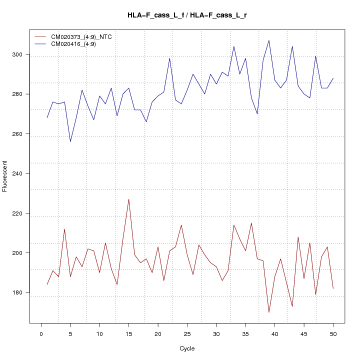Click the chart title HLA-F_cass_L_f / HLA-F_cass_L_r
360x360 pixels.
tap(187, 15)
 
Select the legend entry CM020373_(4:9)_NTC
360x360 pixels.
tap(85, 37)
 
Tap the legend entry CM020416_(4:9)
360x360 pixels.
tap(77, 44)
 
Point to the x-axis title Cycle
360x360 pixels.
tap(187, 348)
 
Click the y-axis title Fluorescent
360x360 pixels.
tap(5, 176)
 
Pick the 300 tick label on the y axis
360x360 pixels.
tap(22, 54)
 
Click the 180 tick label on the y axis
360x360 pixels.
tap(22, 292)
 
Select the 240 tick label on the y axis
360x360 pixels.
tap(22, 173)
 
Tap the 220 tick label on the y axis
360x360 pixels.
tap(22, 213)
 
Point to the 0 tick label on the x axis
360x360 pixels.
tap(41, 333)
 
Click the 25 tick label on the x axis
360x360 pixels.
tap(187, 333)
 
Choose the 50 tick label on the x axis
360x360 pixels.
tap(333, 333)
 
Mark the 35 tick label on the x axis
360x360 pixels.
tap(245, 333)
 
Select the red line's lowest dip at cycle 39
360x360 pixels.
tap(269, 312)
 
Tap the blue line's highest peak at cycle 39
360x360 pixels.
tap(269, 40)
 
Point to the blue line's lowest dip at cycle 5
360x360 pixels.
tap(70, 141)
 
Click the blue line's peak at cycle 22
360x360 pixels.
tap(169, 58)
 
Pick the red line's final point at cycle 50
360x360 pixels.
tap(333, 288)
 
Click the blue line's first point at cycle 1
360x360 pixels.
tap(47, 118)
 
